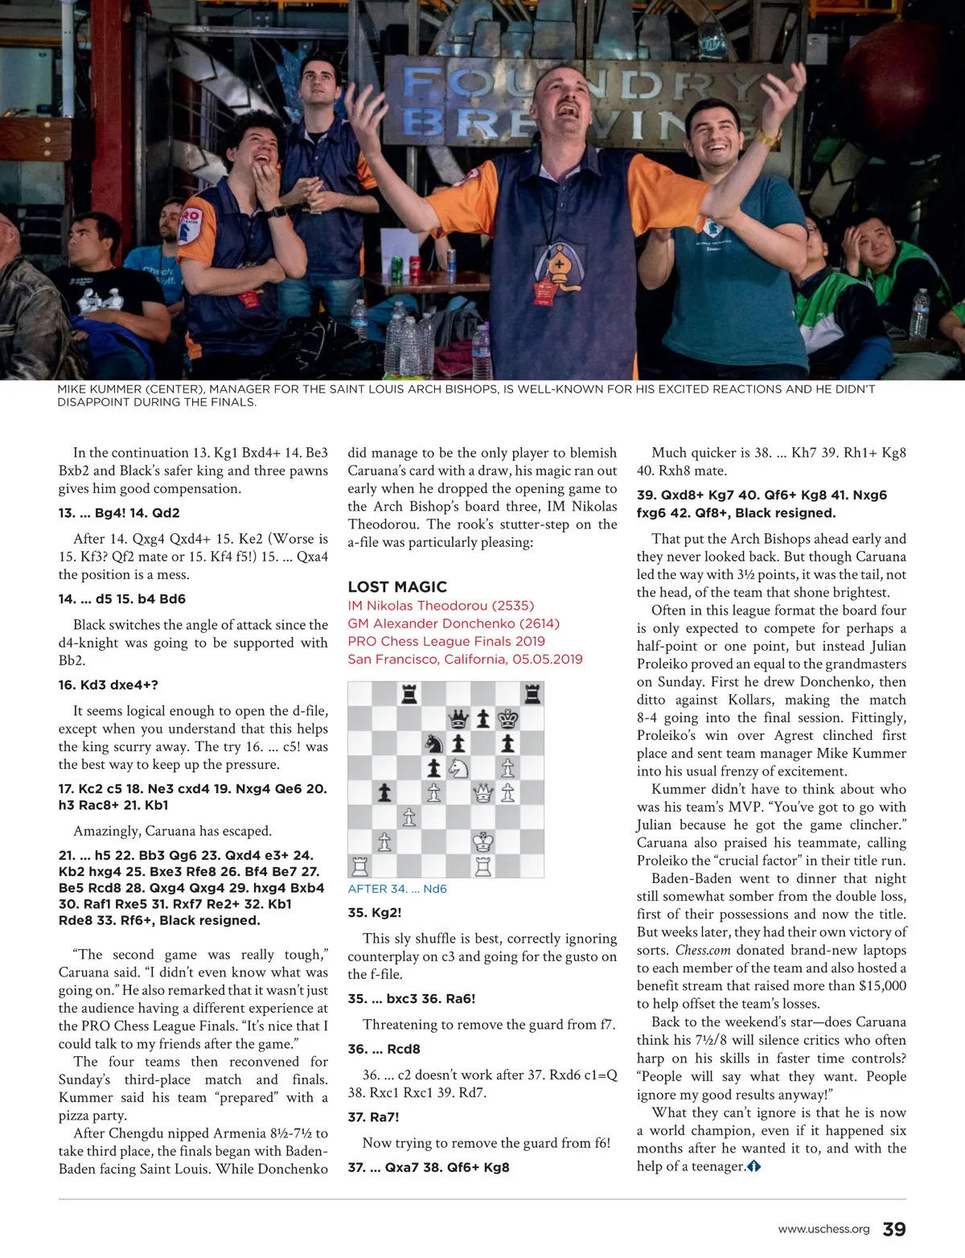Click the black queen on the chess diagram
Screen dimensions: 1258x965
[x=458, y=718]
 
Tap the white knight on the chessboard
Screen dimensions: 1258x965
[x=458, y=768]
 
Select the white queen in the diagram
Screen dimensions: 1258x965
[x=483, y=793]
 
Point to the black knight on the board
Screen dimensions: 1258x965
[x=433, y=743]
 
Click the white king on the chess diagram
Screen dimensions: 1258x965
[x=483, y=842]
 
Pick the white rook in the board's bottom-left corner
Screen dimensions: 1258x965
[x=359, y=866]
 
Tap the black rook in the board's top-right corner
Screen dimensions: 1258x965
[x=532, y=693]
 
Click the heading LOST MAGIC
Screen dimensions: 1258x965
[x=397, y=587]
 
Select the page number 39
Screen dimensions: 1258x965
[x=894, y=1229]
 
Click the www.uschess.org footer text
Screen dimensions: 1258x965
[x=823, y=1229]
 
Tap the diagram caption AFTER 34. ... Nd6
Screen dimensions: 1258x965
[x=397, y=889]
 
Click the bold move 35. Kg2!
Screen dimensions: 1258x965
[x=375, y=913]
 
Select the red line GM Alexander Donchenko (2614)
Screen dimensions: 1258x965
[x=454, y=623]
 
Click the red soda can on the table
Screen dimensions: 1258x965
[x=416, y=265]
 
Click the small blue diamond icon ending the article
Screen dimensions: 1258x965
[x=754, y=1166]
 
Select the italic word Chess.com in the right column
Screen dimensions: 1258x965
[x=703, y=950]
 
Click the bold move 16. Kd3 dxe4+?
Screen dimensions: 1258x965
[x=109, y=685]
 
